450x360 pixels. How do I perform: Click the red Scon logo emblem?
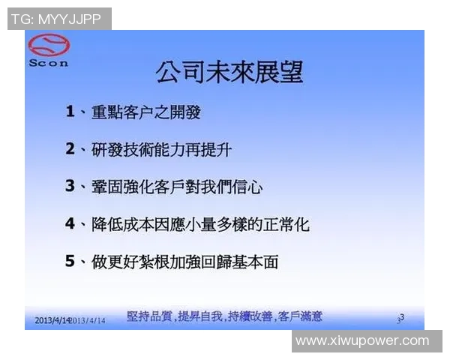tap(48, 47)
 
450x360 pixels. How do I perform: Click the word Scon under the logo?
tap(48, 64)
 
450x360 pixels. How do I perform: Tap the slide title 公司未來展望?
tap(229, 72)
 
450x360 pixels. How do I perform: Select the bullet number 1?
tap(70, 112)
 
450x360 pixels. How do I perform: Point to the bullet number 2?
tap(70, 149)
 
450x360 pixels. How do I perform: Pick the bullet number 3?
tap(70, 186)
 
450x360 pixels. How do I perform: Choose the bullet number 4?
tap(70, 223)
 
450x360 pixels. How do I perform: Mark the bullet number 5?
tap(70, 260)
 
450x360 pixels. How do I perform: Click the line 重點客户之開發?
tap(145, 112)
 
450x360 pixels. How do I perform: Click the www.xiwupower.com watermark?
tap(362, 341)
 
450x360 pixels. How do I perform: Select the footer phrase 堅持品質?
tap(149, 316)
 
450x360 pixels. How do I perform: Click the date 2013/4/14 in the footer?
tap(52, 320)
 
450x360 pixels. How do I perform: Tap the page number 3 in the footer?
tap(401, 318)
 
